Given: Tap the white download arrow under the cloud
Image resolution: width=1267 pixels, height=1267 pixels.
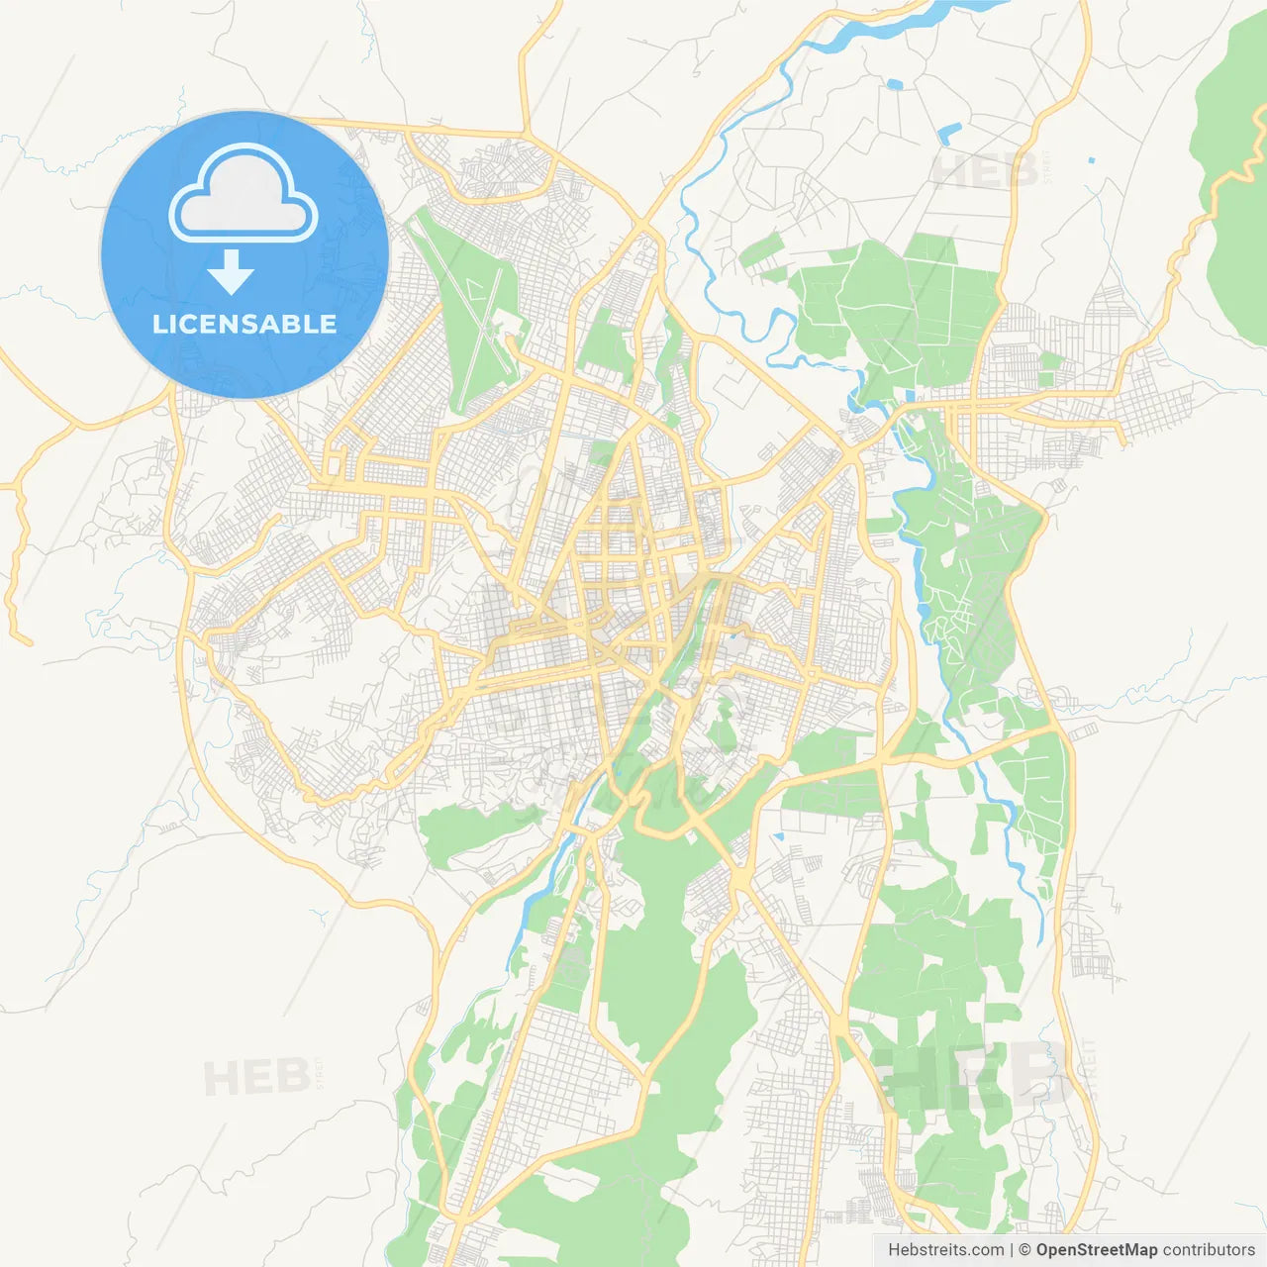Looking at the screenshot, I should pyautogui.click(x=232, y=272).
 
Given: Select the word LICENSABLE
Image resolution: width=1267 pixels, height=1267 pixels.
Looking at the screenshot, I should pyautogui.click(x=244, y=324).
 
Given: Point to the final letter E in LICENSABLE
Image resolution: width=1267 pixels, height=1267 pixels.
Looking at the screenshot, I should pyautogui.click(x=328, y=324).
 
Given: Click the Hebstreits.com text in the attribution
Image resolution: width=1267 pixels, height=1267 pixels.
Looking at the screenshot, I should pyautogui.click(x=945, y=1250).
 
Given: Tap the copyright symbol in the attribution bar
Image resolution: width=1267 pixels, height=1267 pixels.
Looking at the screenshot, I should pyautogui.click(x=1025, y=1250).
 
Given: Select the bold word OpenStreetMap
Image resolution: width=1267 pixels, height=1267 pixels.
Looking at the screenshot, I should pyautogui.click(x=1097, y=1250).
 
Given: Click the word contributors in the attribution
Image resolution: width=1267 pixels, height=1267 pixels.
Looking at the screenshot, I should pyautogui.click(x=1209, y=1250).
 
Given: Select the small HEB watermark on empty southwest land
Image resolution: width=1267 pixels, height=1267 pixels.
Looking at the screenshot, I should pyautogui.click(x=255, y=1077).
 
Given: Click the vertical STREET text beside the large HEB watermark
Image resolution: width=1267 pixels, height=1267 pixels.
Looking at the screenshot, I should pyautogui.click(x=1090, y=1069).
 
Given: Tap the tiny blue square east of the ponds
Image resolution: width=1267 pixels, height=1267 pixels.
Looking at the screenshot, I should pyautogui.click(x=1091, y=159).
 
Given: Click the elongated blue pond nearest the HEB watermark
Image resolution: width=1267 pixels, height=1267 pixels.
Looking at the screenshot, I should pyautogui.click(x=948, y=134).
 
